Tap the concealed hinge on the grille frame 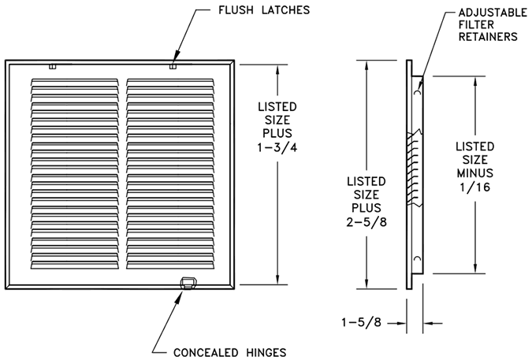(x=187, y=281)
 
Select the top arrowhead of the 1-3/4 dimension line (x=277, y=67)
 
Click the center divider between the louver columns (x=124, y=173)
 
